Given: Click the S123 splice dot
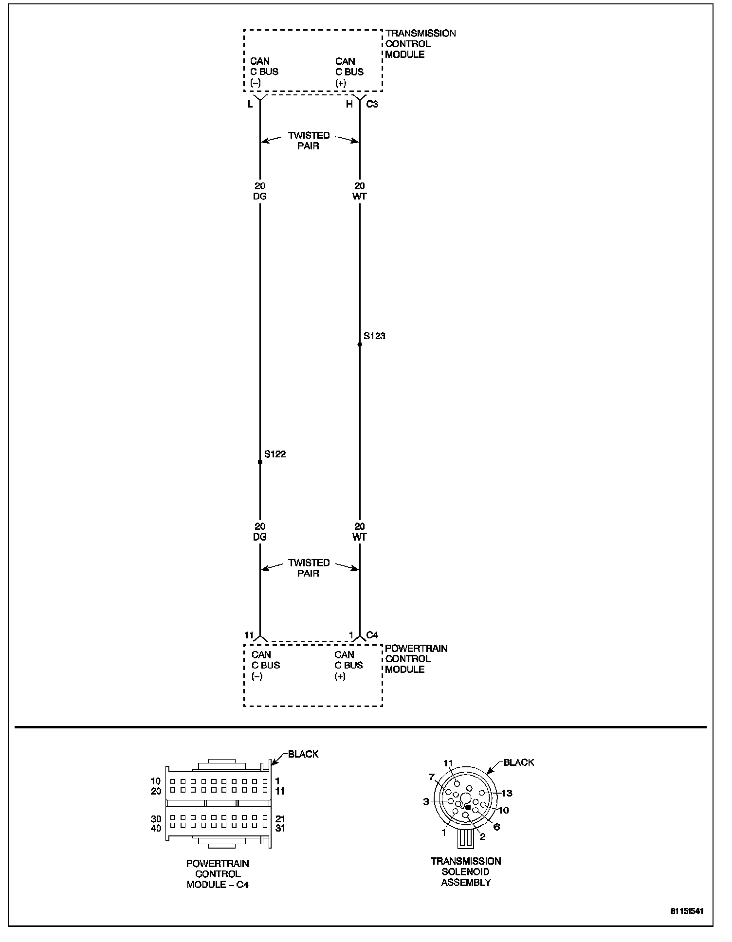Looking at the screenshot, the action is [x=360, y=344].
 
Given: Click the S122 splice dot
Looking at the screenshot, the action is [x=260, y=462].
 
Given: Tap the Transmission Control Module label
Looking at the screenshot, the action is [x=420, y=44].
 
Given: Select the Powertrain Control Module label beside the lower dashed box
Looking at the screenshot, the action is [x=416, y=659].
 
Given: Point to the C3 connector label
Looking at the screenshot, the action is [x=372, y=104].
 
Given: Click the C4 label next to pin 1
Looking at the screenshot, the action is [x=372, y=635].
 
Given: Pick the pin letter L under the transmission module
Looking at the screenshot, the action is [x=250, y=104].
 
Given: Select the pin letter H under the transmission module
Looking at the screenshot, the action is [x=349, y=104].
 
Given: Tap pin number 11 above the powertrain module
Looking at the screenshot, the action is [x=249, y=635].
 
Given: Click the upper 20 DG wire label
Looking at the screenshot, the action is [x=260, y=191].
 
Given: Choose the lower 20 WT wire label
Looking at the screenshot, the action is [x=360, y=532].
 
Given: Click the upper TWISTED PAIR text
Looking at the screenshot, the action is [x=309, y=141].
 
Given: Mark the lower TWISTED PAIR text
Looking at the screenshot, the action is [x=309, y=568].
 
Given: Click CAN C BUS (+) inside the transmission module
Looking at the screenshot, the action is [x=349, y=72].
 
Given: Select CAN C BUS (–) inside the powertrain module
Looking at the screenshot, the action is [x=265, y=666].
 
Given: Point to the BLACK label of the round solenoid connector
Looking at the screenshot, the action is [x=519, y=762].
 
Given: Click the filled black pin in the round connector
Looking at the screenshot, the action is [x=468, y=807].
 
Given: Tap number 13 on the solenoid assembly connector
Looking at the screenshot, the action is [x=507, y=793].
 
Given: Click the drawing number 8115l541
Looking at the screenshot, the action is [x=687, y=911].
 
